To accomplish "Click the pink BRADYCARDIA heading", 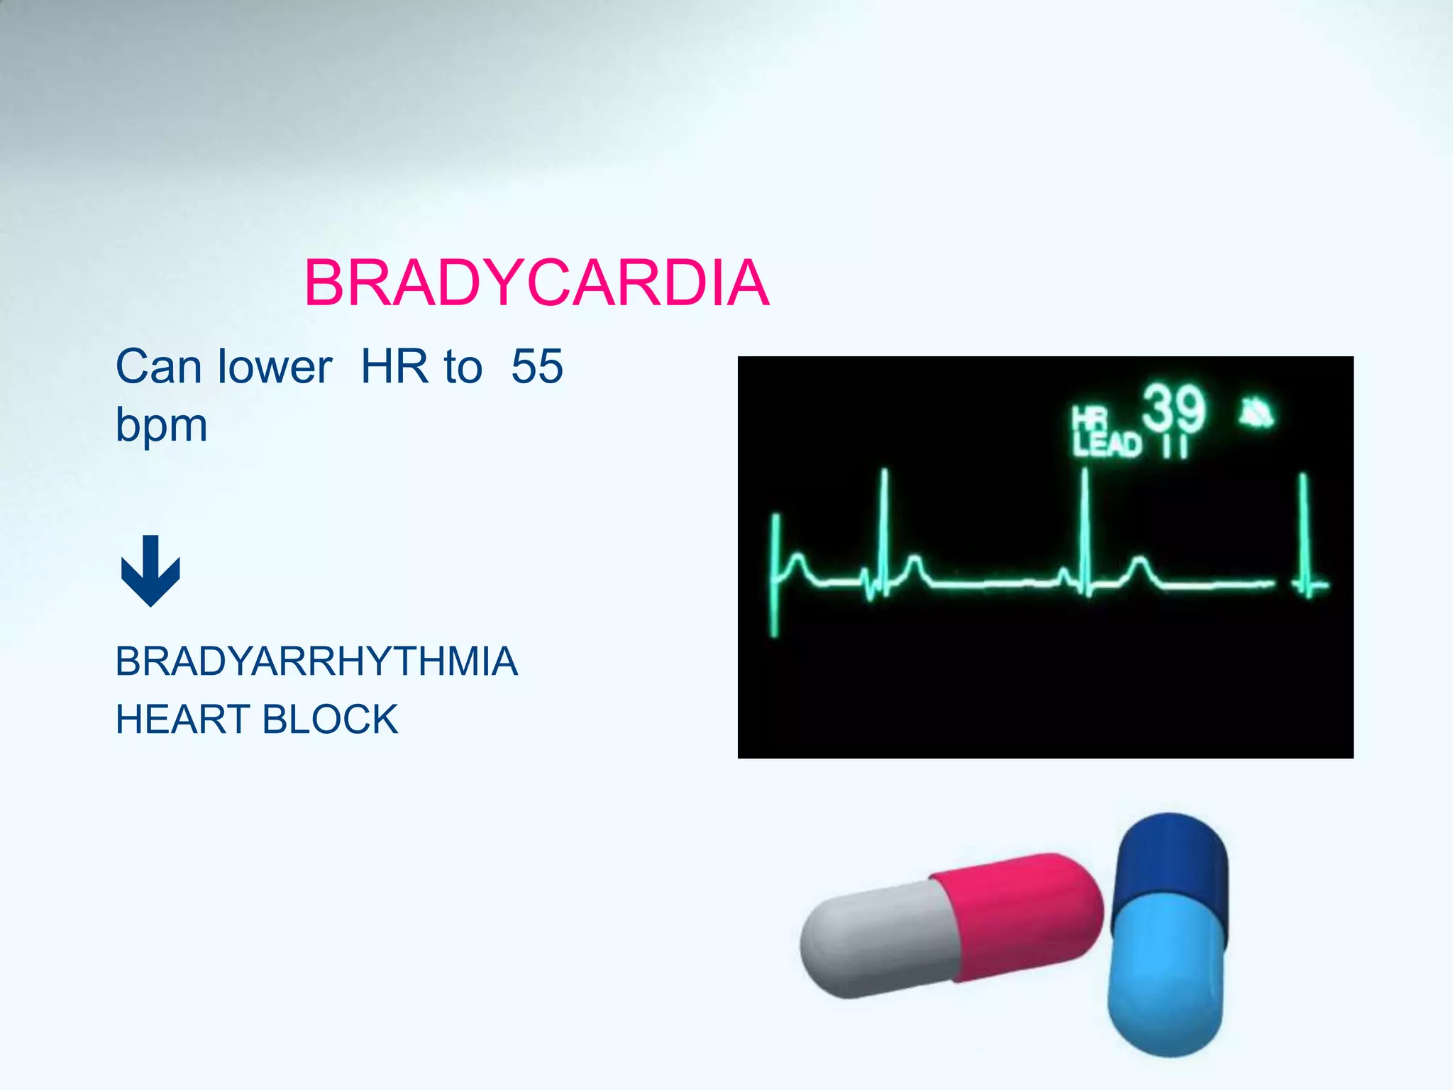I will click(536, 283).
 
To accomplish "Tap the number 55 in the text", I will click(537, 367).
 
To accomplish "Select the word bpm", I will click(161, 426).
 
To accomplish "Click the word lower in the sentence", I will click(275, 367).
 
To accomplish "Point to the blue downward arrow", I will click(150, 571).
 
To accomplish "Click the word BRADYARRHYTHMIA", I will click(316, 661).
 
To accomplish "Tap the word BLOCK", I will click(330, 720).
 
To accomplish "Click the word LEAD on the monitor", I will click(1107, 445).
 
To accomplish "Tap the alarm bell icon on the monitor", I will click(1256, 413).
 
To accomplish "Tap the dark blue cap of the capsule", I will click(1171, 862).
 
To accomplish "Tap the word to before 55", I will click(463, 367).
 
